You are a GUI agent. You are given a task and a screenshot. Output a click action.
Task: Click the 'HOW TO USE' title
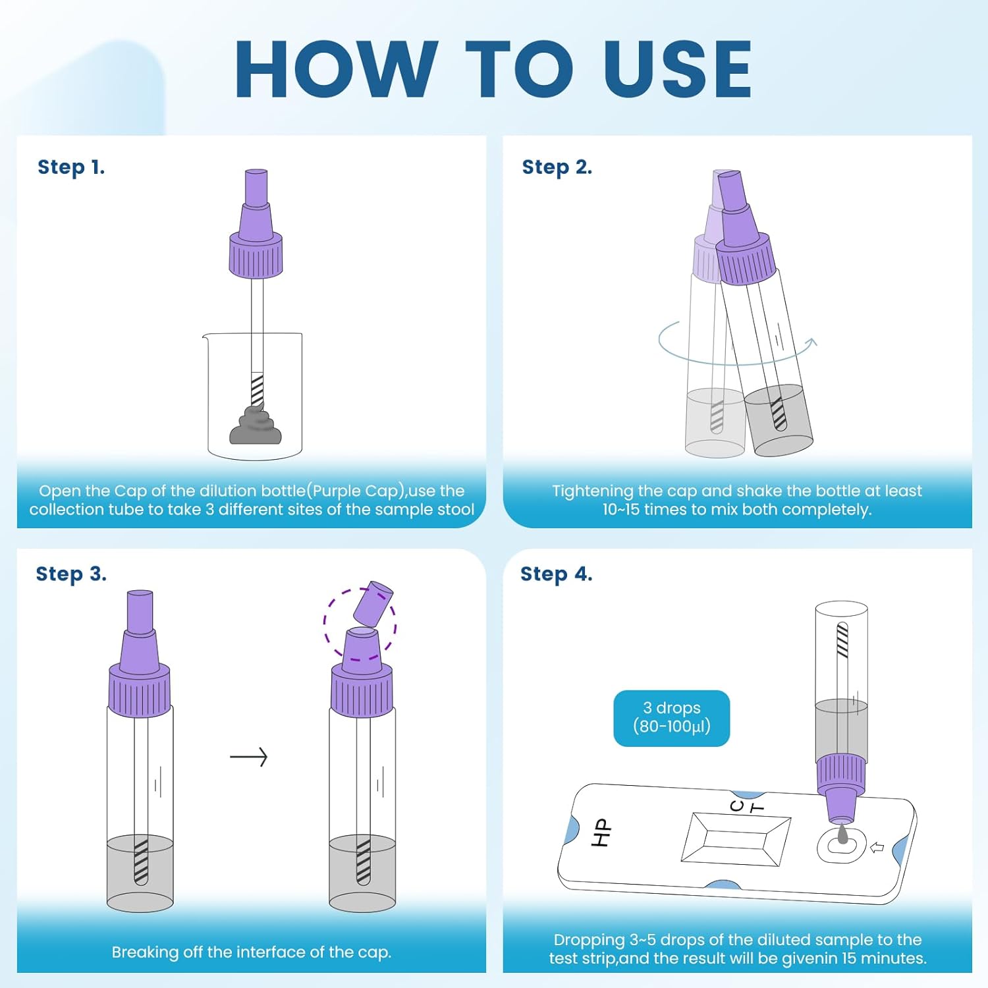point(493,69)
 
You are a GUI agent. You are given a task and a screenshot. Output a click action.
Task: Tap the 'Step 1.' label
point(71,167)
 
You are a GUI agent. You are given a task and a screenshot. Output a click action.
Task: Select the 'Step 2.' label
point(557,167)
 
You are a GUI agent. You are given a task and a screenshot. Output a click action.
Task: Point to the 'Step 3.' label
point(71,574)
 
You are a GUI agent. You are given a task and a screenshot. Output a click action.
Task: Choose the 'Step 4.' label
point(557,574)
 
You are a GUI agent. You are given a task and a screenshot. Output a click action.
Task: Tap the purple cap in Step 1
point(256,223)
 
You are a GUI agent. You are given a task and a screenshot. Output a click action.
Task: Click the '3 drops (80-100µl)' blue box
point(672,718)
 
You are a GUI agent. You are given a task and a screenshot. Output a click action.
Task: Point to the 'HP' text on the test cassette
point(601,833)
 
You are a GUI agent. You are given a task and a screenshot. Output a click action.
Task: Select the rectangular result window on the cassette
point(735,838)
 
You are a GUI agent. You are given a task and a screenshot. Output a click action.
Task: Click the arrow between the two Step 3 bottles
point(248,757)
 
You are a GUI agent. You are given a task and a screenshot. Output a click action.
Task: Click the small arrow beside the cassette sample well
point(877,848)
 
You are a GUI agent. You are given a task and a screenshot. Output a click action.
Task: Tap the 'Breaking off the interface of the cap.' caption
point(252,952)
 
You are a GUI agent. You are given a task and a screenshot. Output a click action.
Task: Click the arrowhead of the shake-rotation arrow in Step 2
point(812,342)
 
